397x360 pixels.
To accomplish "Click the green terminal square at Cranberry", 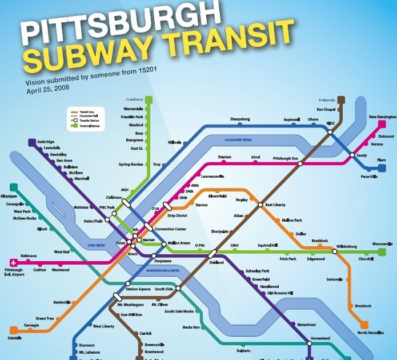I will (149, 99).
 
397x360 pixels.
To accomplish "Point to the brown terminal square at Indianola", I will (341, 99).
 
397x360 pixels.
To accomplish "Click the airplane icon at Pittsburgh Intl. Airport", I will (9, 262).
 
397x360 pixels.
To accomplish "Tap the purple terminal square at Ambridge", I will (31, 142).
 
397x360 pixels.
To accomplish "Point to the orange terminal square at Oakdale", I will (13, 330).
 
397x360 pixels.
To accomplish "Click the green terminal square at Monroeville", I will (382, 251).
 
